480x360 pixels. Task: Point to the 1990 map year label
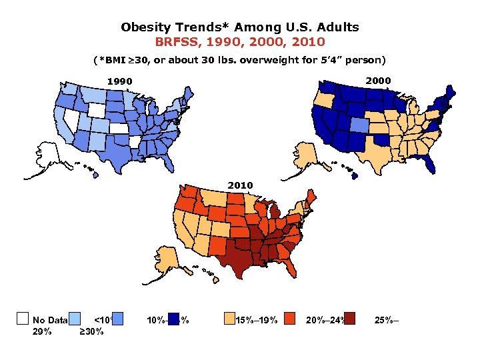pos(121,82)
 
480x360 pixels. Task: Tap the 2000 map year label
pos(379,81)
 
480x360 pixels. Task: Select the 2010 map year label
pos(241,185)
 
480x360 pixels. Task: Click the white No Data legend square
pos(22,318)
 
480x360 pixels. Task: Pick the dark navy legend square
pos(174,318)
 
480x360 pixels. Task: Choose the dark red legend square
pos(350,318)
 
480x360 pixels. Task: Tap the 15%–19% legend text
pos(256,321)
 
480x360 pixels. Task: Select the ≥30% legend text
pos(91,331)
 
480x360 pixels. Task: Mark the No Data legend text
pos(50,321)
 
